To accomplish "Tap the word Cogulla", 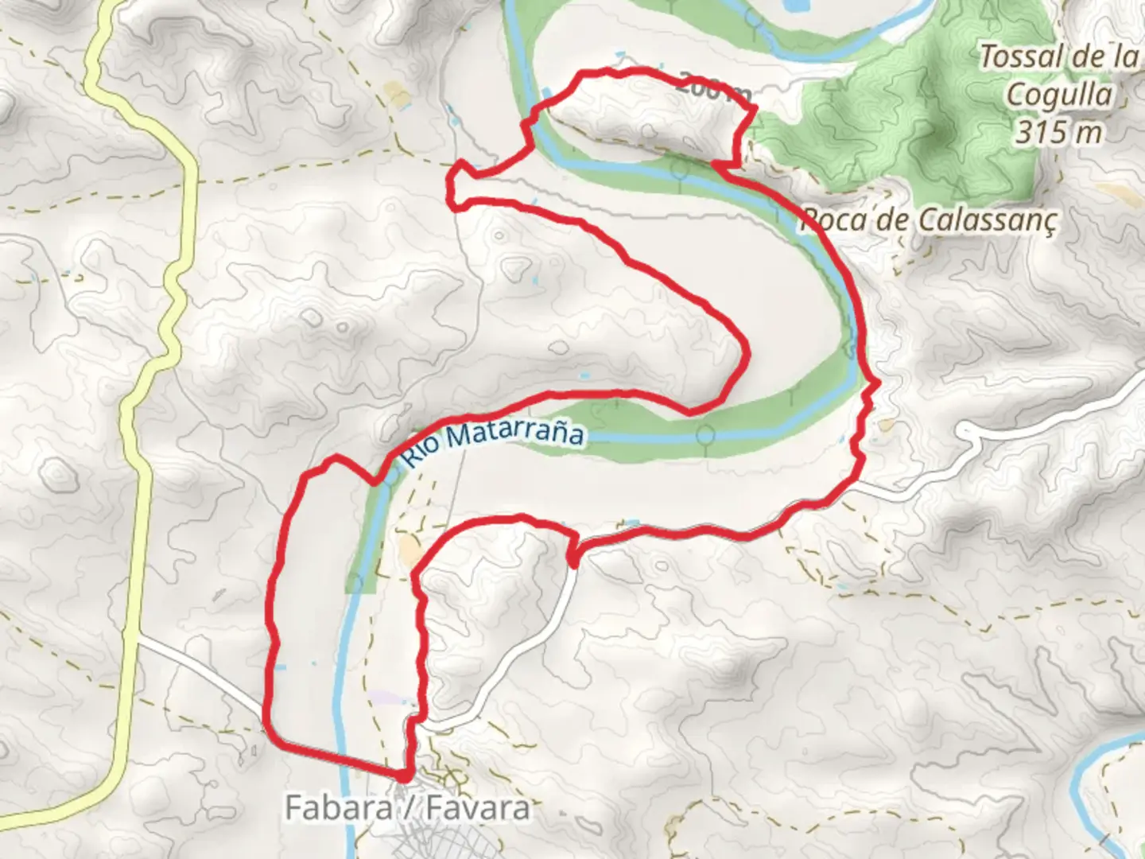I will click(1059, 95).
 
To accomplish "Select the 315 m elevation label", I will click(1058, 131).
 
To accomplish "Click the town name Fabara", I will click(337, 809).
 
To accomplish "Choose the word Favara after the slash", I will click(477, 809).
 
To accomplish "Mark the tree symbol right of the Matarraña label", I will click(704, 436).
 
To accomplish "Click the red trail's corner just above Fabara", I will click(406, 773).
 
